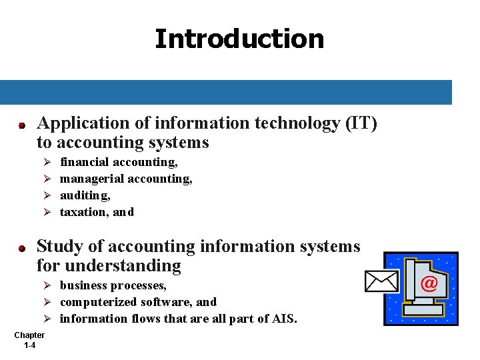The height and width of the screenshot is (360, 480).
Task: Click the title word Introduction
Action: [x=239, y=39]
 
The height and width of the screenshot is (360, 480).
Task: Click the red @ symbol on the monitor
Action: [x=429, y=284]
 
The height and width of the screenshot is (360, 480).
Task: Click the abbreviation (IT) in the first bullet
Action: [x=361, y=123]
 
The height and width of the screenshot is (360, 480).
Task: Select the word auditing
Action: [x=85, y=195]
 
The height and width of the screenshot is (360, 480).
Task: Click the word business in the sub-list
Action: [x=83, y=285]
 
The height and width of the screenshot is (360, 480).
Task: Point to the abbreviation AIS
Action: [x=282, y=319]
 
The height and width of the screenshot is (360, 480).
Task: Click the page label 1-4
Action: [x=29, y=345]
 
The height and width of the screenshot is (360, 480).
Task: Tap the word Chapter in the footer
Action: [x=29, y=335]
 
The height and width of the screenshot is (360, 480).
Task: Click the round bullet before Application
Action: [x=21, y=125]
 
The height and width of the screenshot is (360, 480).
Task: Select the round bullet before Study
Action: [x=21, y=248]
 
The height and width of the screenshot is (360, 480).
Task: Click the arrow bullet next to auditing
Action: [x=47, y=195]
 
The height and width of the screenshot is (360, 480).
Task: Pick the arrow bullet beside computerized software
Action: [x=47, y=302]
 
